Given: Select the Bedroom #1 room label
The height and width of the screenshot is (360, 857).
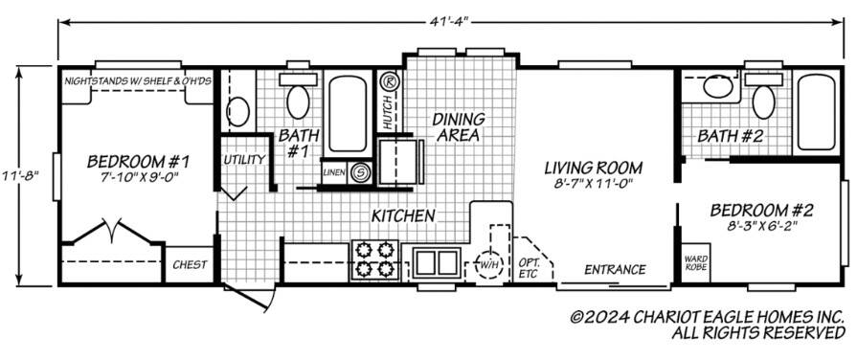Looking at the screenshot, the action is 138,162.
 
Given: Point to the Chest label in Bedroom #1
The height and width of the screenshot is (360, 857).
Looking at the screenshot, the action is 190,265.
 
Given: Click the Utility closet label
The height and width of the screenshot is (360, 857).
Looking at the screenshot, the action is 244,160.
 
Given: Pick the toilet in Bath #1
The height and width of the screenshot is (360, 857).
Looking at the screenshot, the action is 298,96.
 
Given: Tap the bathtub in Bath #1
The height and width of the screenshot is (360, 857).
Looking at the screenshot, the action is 348,114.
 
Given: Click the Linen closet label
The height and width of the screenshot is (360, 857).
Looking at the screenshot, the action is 334,172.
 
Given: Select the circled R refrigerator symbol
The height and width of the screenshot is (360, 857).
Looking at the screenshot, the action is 389,81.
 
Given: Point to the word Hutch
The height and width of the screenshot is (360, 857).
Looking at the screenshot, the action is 387,112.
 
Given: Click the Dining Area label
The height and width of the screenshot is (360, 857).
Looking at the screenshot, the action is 458,126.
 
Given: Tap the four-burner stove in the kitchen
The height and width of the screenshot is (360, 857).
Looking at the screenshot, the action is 375,259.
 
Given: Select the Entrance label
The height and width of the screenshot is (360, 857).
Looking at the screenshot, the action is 615,269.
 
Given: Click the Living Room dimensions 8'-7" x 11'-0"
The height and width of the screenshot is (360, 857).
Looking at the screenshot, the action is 593,184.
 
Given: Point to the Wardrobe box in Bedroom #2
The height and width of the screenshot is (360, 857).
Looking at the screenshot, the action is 696,262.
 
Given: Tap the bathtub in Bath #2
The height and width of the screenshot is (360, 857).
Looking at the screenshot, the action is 816,112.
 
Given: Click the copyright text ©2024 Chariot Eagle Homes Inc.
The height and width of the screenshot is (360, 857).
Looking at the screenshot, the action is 708,317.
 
